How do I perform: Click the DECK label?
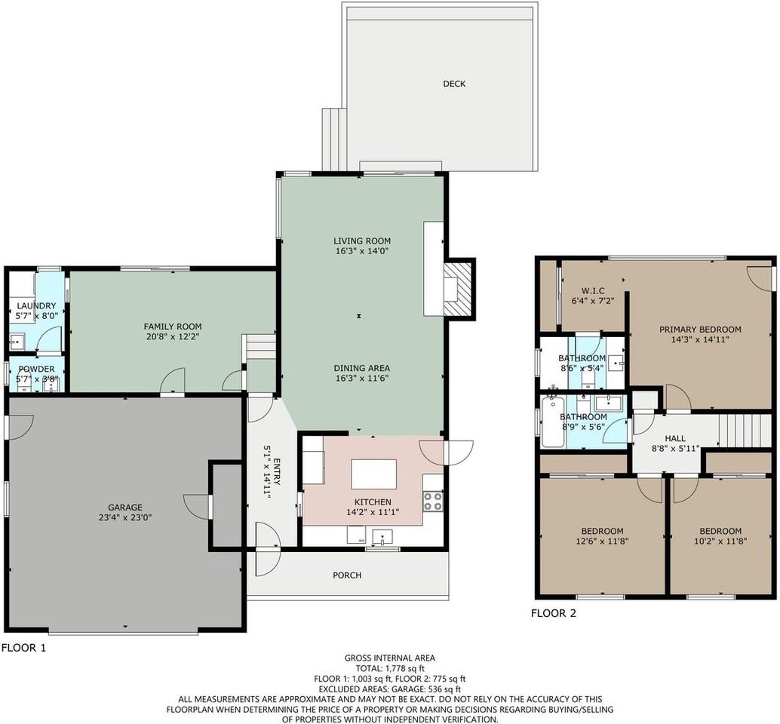453,84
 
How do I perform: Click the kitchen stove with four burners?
432,502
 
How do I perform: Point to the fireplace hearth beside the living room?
458,289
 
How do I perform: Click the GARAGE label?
124,508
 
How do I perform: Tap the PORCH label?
347,575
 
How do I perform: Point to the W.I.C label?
592,291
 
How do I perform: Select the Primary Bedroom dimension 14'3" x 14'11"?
700,340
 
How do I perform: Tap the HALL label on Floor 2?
674,438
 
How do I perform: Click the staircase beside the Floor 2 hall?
745,430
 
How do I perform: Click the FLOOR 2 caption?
554,613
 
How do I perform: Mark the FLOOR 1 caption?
23,647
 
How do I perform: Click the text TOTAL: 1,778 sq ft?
389,668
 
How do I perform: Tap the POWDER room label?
36,369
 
